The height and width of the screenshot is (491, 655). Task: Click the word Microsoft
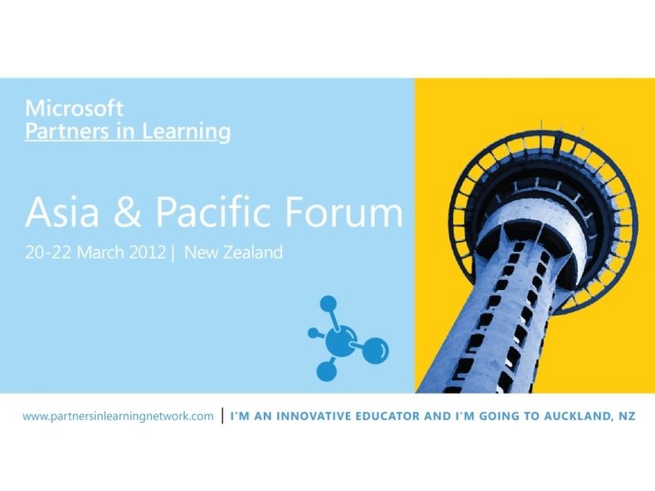tap(74, 107)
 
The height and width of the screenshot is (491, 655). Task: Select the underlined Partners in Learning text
tap(127, 131)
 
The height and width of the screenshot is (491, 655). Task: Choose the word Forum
tap(347, 213)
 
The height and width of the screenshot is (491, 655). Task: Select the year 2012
tap(148, 253)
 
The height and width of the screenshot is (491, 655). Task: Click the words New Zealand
tap(234, 253)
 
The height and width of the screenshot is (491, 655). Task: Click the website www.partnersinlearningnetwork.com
tap(118, 416)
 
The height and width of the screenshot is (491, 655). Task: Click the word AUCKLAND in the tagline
tap(582, 416)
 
